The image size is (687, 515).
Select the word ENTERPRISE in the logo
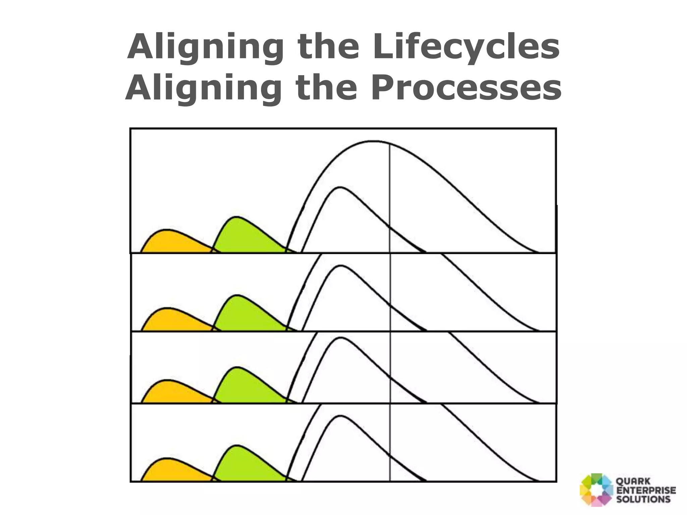coord(646,491)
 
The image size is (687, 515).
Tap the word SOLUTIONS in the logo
coord(643,499)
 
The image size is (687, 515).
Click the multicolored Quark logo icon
coord(596,490)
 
